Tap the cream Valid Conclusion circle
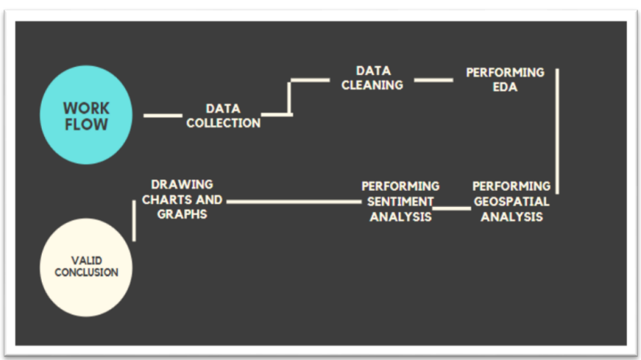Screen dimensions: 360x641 pyautogui.click(x=86, y=267)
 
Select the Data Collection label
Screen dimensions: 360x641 pyautogui.click(x=223, y=116)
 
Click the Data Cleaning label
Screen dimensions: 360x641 pyautogui.click(x=372, y=77)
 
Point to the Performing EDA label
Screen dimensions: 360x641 pyautogui.click(x=505, y=80)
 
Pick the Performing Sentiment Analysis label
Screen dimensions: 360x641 pyautogui.click(x=400, y=201)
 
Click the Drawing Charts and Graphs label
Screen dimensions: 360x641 pyautogui.click(x=182, y=199)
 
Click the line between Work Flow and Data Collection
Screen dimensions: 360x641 pyautogui.click(x=163, y=115)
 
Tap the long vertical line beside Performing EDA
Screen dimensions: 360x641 pyautogui.click(x=557, y=131)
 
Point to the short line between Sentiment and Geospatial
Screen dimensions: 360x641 pyautogui.click(x=452, y=208)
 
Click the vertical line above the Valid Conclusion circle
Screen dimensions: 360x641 pyautogui.click(x=134, y=219)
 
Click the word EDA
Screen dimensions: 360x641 pyautogui.click(x=505, y=87)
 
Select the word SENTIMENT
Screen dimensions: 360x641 pyautogui.click(x=400, y=201)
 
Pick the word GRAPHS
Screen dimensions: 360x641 pyautogui.click(x=182, y=214)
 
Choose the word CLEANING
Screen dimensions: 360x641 pyautogui.click(x=372, y=85)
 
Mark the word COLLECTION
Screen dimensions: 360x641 pyautogui.click(x=223, y=123)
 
